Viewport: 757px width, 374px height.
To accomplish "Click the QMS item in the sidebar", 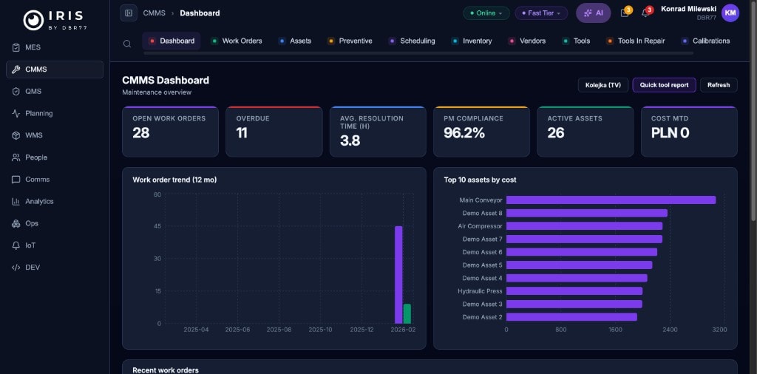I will tap(33, 92).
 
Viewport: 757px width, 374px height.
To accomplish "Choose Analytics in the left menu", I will tap(39, 201).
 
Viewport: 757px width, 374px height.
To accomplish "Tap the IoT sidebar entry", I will tap(30, 245).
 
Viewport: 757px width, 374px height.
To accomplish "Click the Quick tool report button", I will tap(664, 85).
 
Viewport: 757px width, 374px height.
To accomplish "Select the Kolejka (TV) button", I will tap(602, 85).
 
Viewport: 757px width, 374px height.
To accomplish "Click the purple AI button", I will tap(593, 13).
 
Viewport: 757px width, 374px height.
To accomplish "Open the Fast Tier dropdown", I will tap(541, 13).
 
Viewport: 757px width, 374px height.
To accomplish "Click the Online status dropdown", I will tap(486, 13).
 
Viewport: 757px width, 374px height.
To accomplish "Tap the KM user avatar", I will tap(730, 13).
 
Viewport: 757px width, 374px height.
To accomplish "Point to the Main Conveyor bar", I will tap(611, 200).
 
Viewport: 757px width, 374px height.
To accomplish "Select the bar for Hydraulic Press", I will tap(574, 291).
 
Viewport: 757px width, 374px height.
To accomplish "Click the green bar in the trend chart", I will tap(407, 313).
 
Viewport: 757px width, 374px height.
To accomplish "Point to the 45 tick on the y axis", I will tap(157, 226).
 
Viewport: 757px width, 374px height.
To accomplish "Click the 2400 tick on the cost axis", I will tap(669, 330).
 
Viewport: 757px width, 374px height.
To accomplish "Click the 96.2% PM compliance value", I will tap(464, 133).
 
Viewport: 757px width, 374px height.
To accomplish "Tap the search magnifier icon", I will tap(128, 44).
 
